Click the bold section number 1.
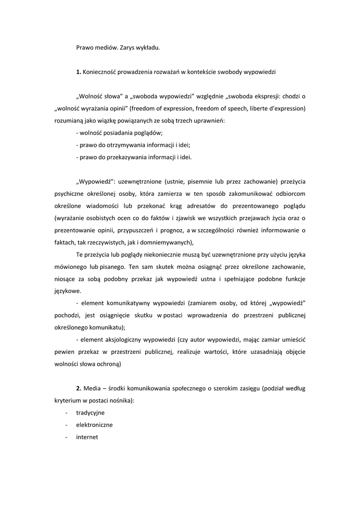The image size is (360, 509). (78, 72)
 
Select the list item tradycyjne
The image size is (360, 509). (90, 413)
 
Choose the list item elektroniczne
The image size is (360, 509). (94, 425)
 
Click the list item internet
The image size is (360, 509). (87, 437)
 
